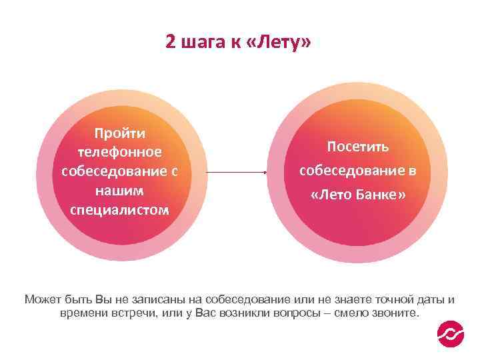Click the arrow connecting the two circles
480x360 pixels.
(x=236, y=173)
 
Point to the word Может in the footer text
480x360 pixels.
(x=43, y=299)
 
